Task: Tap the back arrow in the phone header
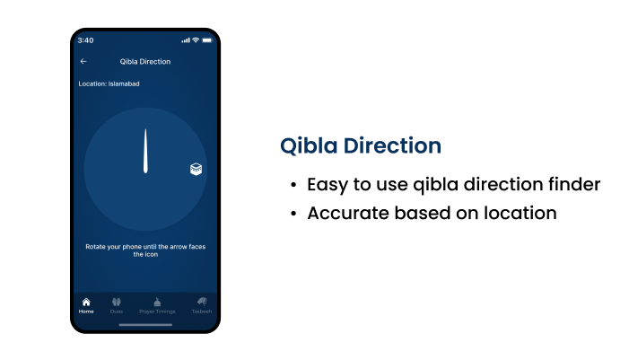coord(83,61)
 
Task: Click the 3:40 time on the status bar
coord(85,40)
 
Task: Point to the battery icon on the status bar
coord(207,40)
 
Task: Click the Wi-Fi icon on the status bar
coord(196,40)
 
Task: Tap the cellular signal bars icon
coord(186,40)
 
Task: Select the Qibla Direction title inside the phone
coord(145,61)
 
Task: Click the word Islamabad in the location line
coord(124,83)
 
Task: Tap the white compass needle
coord(145,151)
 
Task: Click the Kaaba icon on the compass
coord(196,169)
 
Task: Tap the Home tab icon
coord(86,302)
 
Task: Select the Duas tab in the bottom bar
coord(117,305)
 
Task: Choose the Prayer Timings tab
coord(157,305)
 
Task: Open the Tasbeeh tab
coord(202,305)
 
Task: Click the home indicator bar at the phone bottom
coord(145,325)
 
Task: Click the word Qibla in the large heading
coord(309,145)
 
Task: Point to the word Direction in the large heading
coord(392,145)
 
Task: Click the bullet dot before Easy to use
coord(293,185)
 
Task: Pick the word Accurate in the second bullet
coord(348,213)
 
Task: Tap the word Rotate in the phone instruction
coord(95,246)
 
